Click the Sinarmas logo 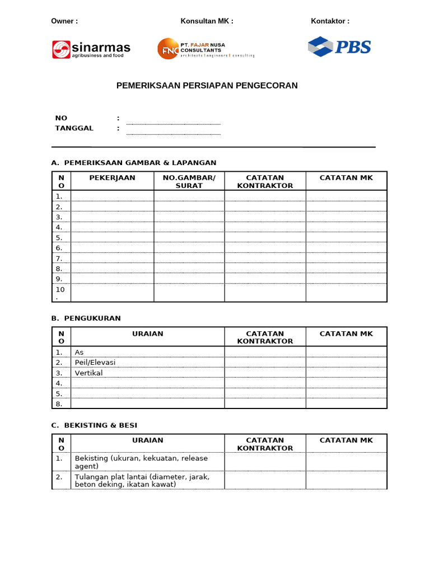(91, 49)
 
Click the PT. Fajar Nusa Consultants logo (206, 49)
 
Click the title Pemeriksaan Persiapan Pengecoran (207, 86)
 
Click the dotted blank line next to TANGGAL (173, 133)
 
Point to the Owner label (64, 21)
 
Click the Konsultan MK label (207, 21)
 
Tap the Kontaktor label (330, 21)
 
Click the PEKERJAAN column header (113, 178)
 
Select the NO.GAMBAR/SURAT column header (189, 181)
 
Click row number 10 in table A (60, 293)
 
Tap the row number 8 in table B (59, 403)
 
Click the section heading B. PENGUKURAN (86, 318)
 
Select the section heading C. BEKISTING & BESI (94, 425)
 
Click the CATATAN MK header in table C (345, 440)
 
